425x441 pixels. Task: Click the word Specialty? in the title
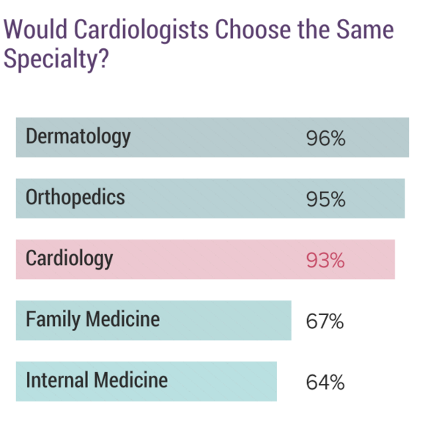click(56, 60)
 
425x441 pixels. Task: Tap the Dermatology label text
click(78, 137)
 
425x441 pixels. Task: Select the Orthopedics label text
click(75, 198)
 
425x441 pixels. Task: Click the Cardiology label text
click(70, 259)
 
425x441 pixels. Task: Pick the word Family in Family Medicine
click(53, 320)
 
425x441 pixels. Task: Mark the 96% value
click(325, 138)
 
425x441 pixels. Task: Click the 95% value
click(325, 199)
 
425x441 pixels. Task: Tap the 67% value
click(325, 322)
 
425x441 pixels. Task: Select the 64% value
click(325, 382)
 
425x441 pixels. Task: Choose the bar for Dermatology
click(220, 138)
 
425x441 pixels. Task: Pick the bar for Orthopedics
click(220, 199)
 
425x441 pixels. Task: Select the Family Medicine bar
click(220, 321)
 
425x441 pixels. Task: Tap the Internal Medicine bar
click(220, 382)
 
